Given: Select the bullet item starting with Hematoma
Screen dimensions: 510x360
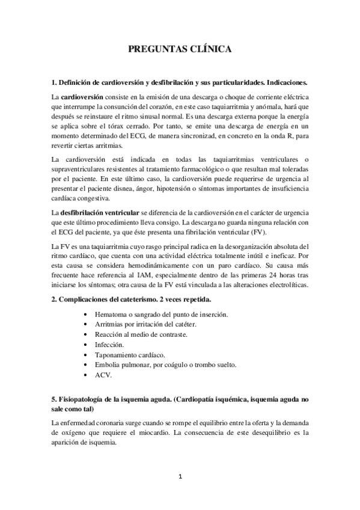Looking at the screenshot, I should click(x=160, y=315).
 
